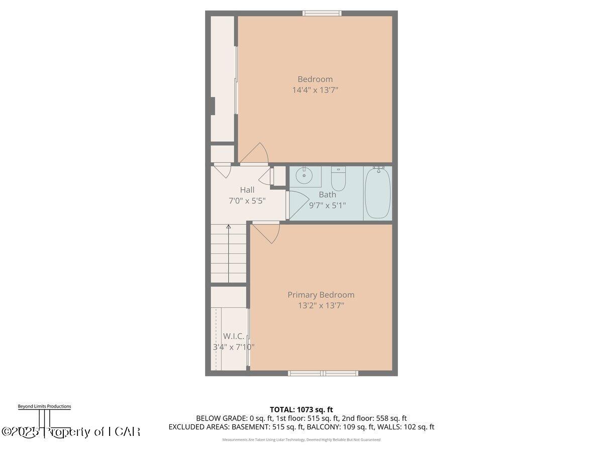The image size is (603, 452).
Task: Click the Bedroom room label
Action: click(315, 79)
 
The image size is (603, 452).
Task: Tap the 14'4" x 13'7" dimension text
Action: click(315, 90)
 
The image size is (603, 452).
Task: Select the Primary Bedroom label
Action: click(321, 295)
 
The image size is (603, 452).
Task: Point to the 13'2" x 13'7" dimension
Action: click(321, 305)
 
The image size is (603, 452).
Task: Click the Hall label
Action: click(247, 190)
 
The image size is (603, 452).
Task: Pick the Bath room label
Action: click(327, 194)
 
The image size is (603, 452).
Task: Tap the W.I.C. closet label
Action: click(233, 336)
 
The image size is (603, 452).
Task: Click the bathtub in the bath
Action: click(377, 193)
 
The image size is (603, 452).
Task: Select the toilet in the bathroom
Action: click(338, 179)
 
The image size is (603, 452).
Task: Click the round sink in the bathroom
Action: click(304, 176)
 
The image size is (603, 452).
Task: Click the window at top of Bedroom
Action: click(322, 13)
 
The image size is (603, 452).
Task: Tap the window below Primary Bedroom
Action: click(323, 373)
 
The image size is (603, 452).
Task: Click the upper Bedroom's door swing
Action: click(256, 154)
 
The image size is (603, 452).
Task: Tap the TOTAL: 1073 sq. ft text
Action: click(301, 410)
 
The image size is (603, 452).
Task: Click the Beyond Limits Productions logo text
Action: click(44, 406)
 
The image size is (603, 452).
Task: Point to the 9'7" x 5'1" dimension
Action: click(327, 205)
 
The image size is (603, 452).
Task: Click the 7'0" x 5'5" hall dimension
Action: click(247, 200)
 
